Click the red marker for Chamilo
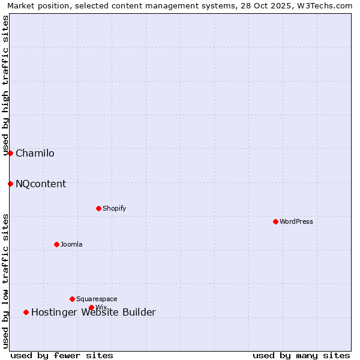pyautogui.click(x=10, y=153)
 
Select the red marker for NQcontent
pyautogui.click(x=10, y=184)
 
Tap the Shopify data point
pyautogui.click(x=98, y=208)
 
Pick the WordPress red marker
pyautogui.click(x=275, y=221)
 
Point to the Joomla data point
pyautogui.click(x=56, y=244)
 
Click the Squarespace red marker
pyautogui.click(x=72, y=299)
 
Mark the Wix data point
pyautogui.click(x=91, y=307)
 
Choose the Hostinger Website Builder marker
pyautogui.click(x=26, y=312)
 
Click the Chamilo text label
pyautogui.click(x=35, y=154)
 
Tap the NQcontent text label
pyautogui.click(x=41, y=184)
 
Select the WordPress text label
pyautogui.click(x=296, y=222)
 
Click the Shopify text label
pyautogui.click(x=114, y=209)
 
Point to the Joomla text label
pyautogui.click(x=71, y=245)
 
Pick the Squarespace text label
pyautogui.click(x=97, y=299)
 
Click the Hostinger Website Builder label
pyautogui.click(x=93, y=313)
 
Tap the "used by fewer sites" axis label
pyautogui.click(x=62, y=355)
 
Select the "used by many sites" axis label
pyautogui.click(x=301, y=355)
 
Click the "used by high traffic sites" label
pyautogui.click(x=6, y=85)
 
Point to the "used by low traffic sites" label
pyautogui.click(x=6, y=281)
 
